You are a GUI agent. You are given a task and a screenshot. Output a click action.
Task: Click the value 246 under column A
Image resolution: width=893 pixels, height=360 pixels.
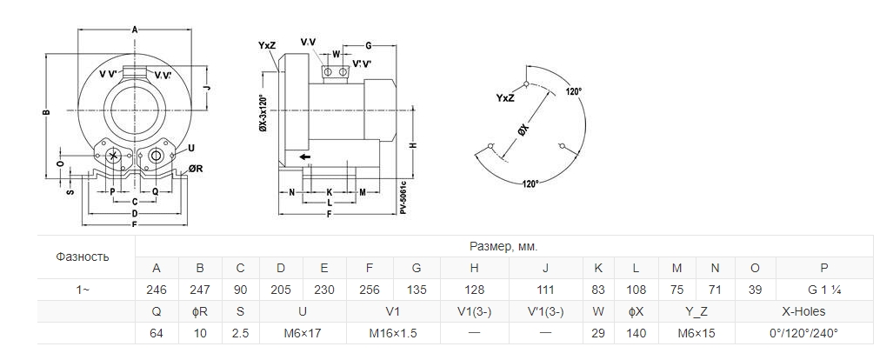[x=157, y=290]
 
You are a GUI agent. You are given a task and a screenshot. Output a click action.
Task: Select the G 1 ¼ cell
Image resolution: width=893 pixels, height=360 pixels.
[x=823, y=290]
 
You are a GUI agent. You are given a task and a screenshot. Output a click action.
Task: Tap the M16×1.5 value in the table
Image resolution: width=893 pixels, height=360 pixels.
[x=393, y=333]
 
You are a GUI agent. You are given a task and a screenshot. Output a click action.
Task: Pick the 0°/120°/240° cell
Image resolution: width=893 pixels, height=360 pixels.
[x=803, y=333]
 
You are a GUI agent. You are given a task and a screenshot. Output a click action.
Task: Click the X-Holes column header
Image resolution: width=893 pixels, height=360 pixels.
[x=803, y=311]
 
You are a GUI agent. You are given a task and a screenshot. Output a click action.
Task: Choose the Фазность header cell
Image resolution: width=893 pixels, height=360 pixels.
[x=83, y=257]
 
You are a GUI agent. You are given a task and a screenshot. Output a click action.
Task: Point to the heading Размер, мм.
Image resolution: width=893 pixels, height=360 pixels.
[x=503, y=247]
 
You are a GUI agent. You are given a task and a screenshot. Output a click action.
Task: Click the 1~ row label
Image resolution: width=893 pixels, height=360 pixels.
[x=83, y=290]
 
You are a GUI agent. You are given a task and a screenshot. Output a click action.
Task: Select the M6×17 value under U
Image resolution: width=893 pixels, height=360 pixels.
[x=303, y=333]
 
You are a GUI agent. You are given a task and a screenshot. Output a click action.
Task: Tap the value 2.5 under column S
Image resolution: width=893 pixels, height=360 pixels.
[x=240, y=333]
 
